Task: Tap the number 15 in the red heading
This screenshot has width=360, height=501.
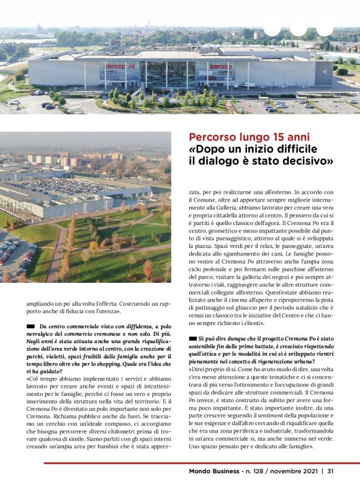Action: click(274, 137)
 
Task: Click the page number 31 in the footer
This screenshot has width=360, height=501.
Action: click(331, 471)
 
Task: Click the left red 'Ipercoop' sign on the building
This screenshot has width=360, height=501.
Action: click(115, 67)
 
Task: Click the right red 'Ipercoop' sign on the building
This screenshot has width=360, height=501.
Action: click(220, 67)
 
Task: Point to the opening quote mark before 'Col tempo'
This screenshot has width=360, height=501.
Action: click(28, 379)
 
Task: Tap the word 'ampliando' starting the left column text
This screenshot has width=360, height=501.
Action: click(41, 303)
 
